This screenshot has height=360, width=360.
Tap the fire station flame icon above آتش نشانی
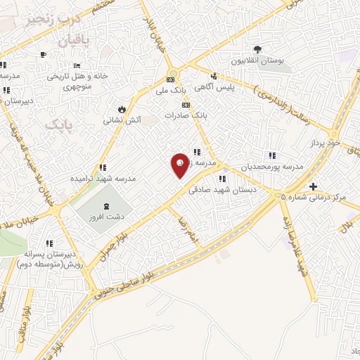click(x=122, y=109)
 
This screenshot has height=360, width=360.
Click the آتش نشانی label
click(x=122, y=120)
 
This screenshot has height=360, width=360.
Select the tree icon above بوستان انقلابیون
click(x=258, y=49)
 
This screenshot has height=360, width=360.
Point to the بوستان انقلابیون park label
click(x=258, y=61)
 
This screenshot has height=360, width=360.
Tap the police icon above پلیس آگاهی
click(x=213, y=76)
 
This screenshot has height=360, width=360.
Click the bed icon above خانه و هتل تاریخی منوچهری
click(x=78, y=65)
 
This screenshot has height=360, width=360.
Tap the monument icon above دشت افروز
click(x=106, y=206)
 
